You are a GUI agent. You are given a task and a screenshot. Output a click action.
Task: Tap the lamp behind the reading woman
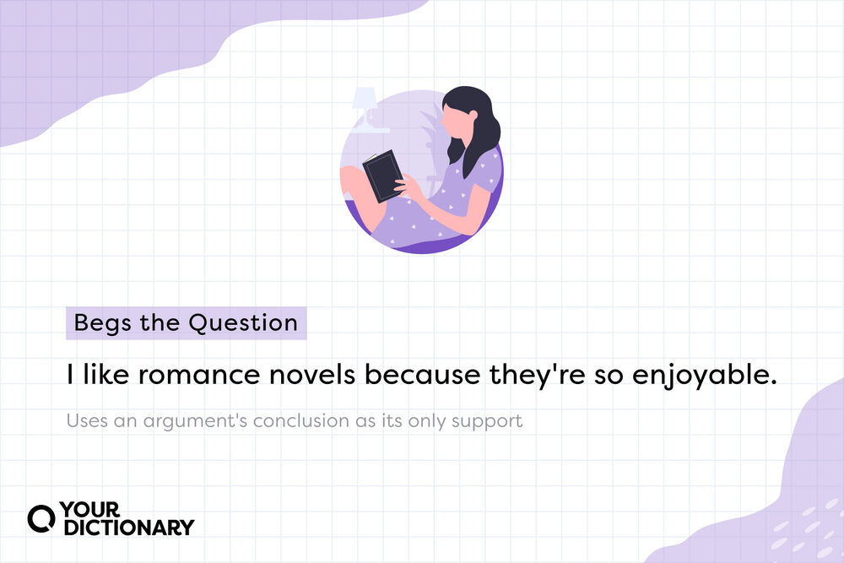coord(366,105)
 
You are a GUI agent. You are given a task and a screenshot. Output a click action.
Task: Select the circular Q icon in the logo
coord(41,517)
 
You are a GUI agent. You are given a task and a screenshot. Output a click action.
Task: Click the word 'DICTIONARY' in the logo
coord(127,528)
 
